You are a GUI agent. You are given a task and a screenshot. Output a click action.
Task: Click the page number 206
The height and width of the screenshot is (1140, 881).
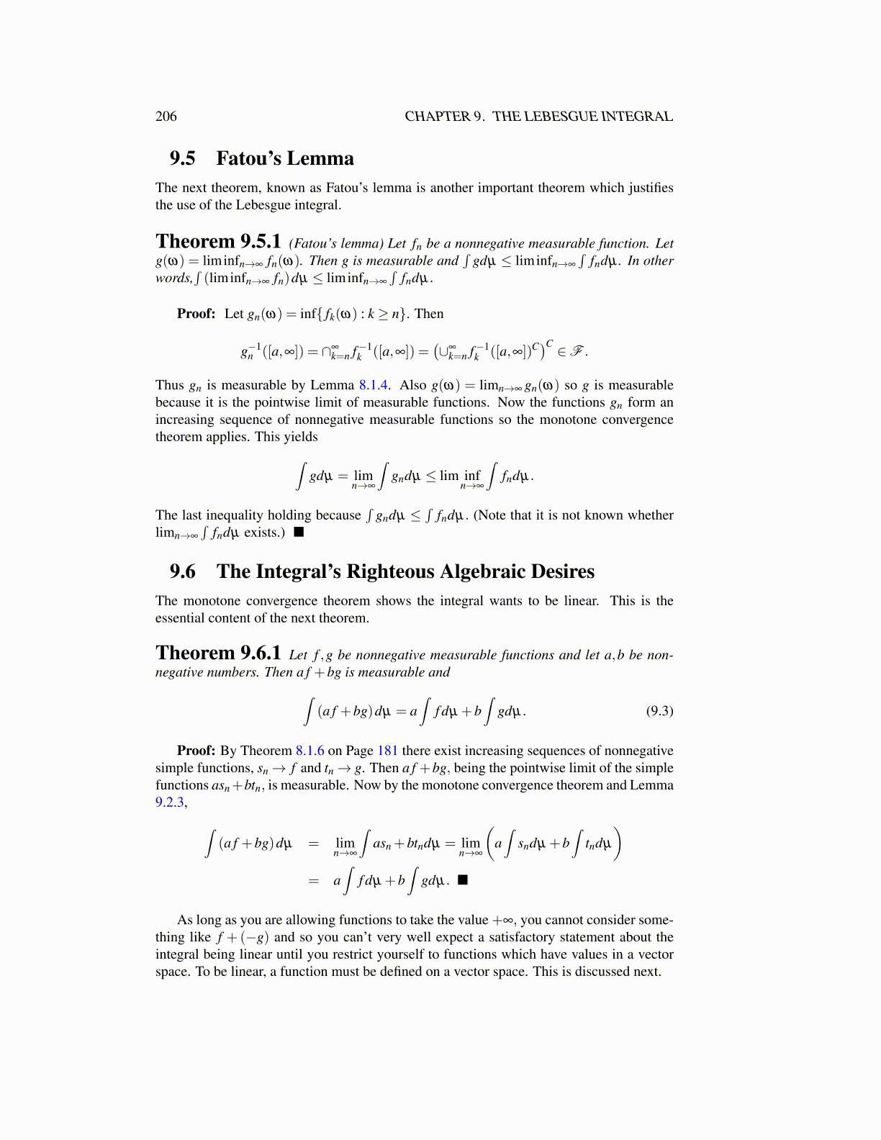tap(166, 117)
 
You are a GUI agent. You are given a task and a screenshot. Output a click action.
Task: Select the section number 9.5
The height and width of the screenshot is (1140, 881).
tap(182, 158)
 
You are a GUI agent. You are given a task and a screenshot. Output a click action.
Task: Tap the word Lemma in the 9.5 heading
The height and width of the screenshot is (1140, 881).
tap(321, 158)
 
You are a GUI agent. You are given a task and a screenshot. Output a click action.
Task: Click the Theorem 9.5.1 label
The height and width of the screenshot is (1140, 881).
tap(218, 242)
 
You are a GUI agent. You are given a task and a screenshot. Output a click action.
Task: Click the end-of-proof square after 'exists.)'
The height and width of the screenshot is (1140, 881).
tap(299, 533)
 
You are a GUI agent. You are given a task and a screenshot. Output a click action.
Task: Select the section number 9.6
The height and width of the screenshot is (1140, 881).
tap(182, 571)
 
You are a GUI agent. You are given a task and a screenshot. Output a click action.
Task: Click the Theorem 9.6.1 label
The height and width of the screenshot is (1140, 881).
tap(218, 653)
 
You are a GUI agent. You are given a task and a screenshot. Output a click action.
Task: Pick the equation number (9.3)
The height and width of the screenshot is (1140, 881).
tap(659, 711)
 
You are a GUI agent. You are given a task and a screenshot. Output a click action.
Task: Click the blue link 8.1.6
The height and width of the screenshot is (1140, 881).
tap(310, 751)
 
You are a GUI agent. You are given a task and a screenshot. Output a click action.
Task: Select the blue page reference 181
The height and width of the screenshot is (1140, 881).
tap(387, 751)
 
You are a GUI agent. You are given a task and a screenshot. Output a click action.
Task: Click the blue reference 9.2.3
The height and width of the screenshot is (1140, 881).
tap(170, 802)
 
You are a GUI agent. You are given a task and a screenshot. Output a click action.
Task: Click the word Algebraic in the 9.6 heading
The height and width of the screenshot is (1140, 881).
tap(482, 571)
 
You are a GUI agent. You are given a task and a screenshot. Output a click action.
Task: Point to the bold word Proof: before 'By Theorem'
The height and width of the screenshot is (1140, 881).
tap(196, 751)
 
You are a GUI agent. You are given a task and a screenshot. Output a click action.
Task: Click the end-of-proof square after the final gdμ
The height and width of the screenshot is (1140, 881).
tap(463, 879)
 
